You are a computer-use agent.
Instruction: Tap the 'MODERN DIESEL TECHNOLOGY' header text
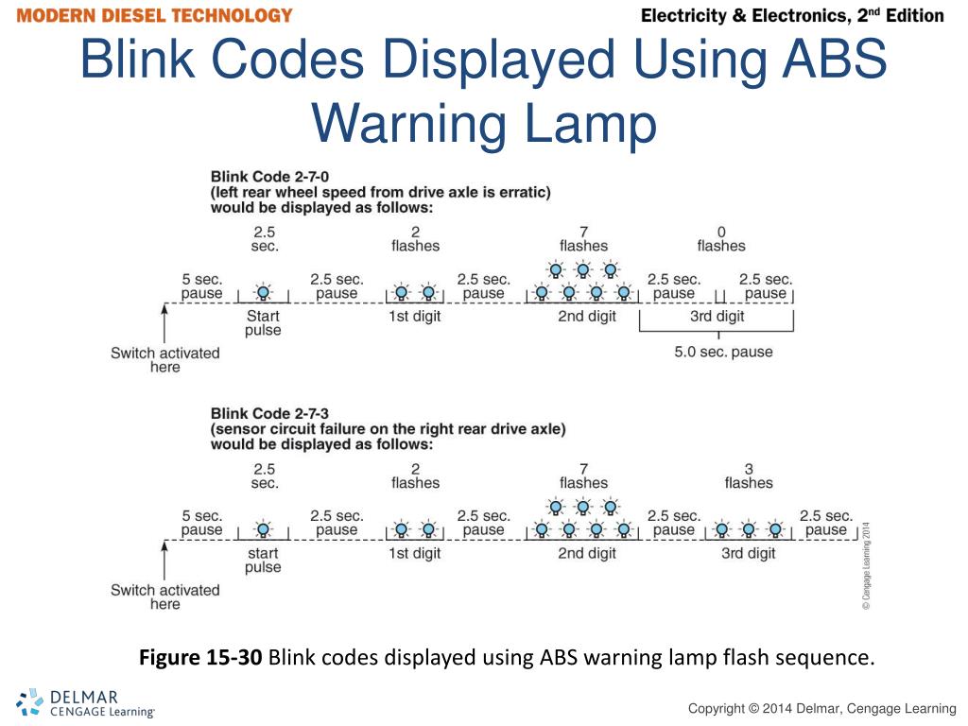click(x=154, y=16)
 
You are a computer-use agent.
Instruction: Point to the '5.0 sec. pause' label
click(x=723, y=352)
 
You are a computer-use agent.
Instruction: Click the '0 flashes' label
click(x=721, y=238)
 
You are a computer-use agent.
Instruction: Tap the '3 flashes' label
click(x=749, y=475)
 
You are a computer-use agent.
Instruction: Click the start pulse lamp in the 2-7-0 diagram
click(x=264, y=292)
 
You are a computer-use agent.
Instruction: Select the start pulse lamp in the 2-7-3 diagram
click(x=264, y=529)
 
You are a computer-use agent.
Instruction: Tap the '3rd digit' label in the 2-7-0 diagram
click(x=717, y=317)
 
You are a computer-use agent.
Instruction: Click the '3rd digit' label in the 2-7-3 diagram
click(x=749, y=553)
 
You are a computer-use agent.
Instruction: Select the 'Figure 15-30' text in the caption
click(x=200, y=657)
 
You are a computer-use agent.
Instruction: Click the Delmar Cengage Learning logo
click(x=85, y=703)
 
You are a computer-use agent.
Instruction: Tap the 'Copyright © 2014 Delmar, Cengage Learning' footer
click(x=821, y=708)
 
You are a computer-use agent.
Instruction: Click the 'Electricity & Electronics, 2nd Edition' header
click(x=792, y=16)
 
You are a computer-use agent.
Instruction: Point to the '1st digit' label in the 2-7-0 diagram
click(x=414, y=317)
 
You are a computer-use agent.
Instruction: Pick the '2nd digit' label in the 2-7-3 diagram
click(x=587, y=553)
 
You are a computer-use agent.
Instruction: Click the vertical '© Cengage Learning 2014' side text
click(x=866, y=565)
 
